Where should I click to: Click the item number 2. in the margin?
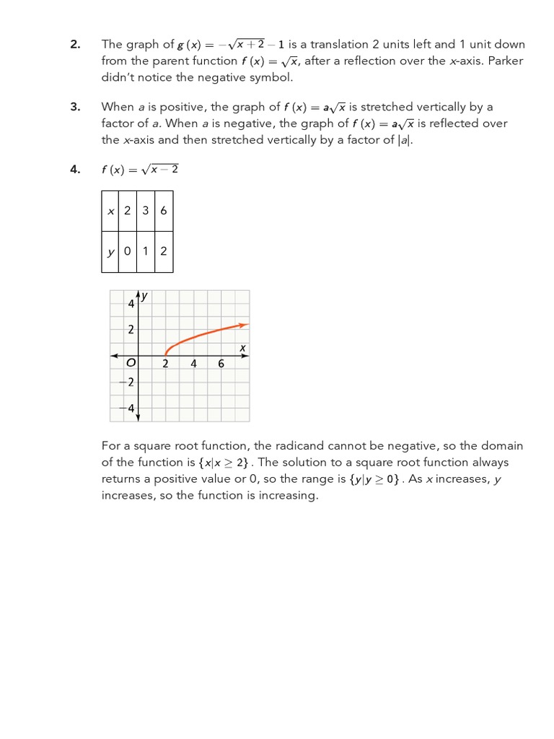pos(76,45)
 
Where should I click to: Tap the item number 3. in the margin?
pos(76,107)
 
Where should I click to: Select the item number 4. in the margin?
pos(76,170)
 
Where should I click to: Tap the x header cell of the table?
pos(110,211)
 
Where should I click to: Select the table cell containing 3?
pos(146,211)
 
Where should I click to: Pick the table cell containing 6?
pos(164,211)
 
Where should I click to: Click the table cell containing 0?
pos(128,251)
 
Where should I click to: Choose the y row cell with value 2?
pos(164,251)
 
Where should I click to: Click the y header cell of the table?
pos(110,251)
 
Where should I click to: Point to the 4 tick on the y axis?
pos(131,304)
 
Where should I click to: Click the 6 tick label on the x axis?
pos(221,364)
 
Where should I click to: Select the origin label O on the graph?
pos(131,364)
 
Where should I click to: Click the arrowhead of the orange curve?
pos(245,325)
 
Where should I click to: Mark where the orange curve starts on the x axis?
pos(166,354)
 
